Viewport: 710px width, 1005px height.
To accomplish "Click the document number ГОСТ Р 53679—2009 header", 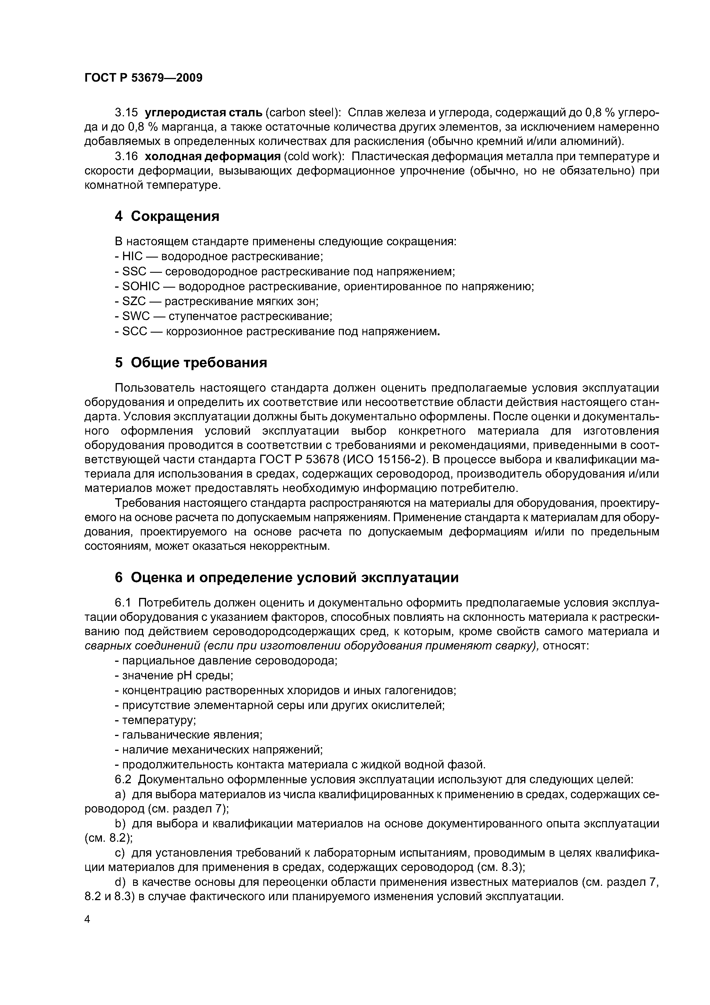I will click(x=143, y=78).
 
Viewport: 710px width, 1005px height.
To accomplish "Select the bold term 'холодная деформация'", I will click(x=212, y=156).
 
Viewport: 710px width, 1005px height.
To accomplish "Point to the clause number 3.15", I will click(x=126, y=113).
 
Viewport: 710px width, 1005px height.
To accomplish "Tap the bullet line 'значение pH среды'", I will click(x=177, y=676).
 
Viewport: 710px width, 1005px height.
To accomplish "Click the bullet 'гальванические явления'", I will click(x=192, y=735).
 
